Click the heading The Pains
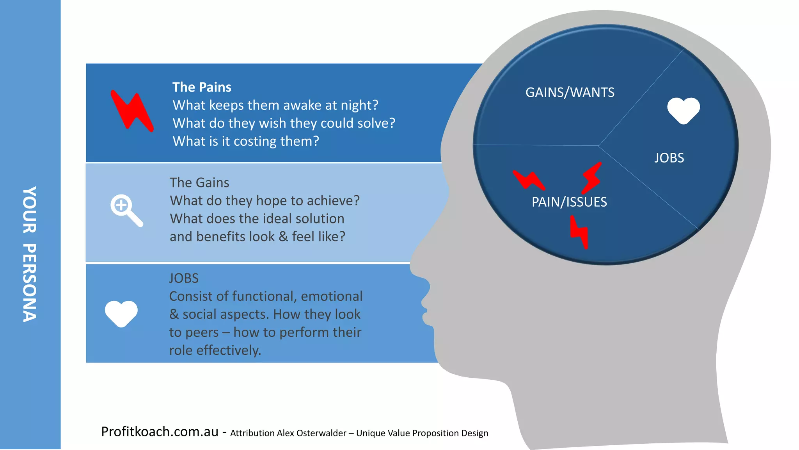(x=202, y=87)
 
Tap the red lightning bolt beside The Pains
(x=132, y=111)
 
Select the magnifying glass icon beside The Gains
(x=126, y=210)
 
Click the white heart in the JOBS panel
(x=121, y=313)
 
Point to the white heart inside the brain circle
(x=684, y=110)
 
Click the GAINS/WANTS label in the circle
(x=570, y=93)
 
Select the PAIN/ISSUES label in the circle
(x=569, y=202)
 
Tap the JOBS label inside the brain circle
(x=669, y=158)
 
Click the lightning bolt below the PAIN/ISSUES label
(x=579, y=232)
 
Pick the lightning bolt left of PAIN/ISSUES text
(x=529, y=180)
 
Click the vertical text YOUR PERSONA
(x=30, y=254)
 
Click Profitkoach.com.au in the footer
(x=160, y=432)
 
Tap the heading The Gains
(x=199, y=183)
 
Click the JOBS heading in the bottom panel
(x=184, y=278)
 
